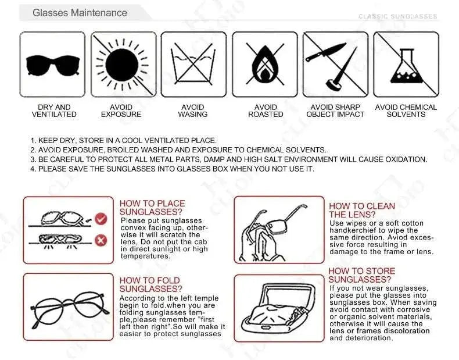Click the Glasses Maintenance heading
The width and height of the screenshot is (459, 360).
(x=80, y=13)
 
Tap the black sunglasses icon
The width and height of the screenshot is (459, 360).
(x=53, y=65)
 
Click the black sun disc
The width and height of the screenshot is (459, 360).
(x=121, y=65)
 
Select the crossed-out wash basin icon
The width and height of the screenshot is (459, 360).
(x=193, y=63)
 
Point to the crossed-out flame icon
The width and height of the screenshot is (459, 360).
(x=265, y=64)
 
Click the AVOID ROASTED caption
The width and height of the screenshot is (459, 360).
(x=266, y=111)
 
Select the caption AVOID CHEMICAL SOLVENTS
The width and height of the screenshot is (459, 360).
(x=406, y=111)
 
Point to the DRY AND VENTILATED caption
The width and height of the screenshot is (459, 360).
(x=54, y=111)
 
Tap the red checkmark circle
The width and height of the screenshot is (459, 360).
(x=101, y=219)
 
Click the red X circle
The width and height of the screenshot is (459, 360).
(x=101, y=241)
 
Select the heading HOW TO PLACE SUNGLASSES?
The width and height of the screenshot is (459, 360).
(x=152, y=208)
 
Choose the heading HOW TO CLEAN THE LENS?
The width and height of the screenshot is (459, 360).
(x=362, y=211)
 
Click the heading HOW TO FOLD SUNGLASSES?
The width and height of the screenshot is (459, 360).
(x=150, y=285)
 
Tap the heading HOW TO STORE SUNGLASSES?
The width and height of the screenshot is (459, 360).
(x=362, y=275)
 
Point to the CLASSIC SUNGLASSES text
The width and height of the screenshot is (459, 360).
(x=397, y=16)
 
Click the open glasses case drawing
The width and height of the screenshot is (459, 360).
(x=278, y=308)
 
